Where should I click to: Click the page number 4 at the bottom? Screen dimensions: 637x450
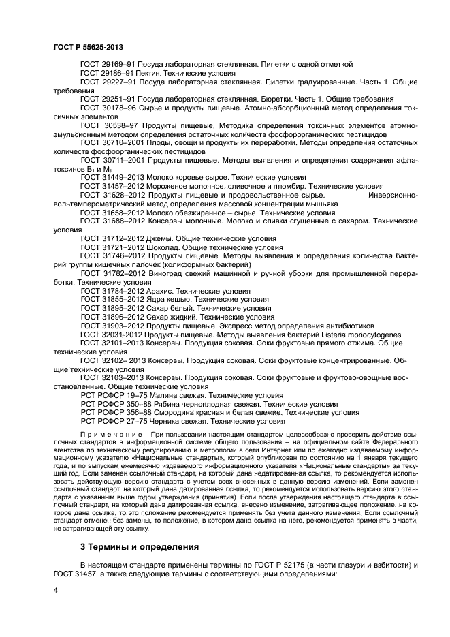(56, 589)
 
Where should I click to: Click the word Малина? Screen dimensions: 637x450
(157, 395)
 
